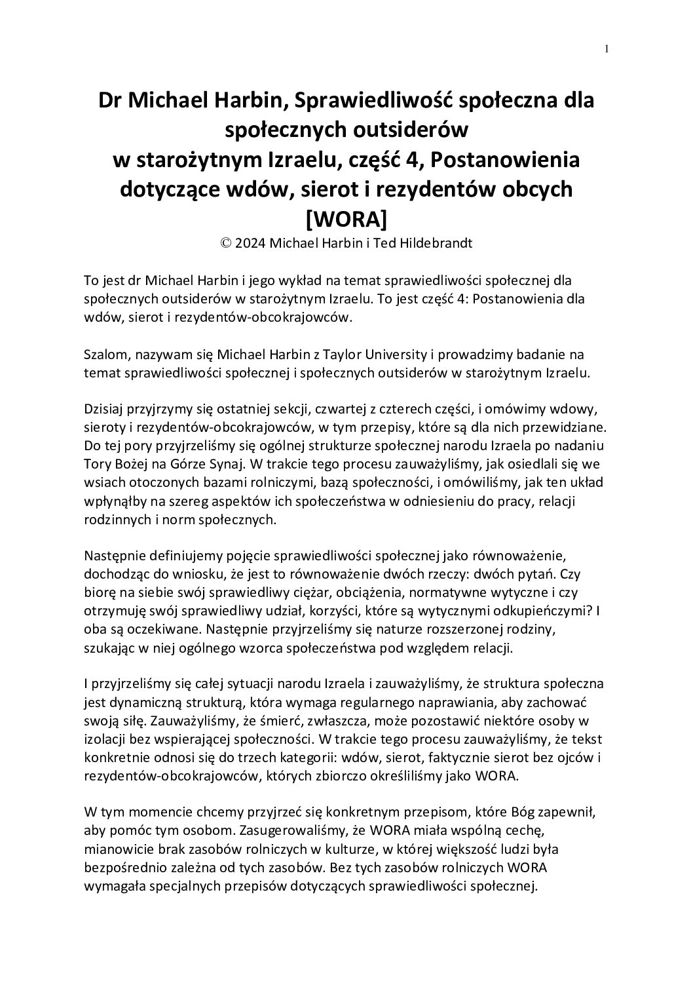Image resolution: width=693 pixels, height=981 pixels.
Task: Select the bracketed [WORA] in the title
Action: point(346,216)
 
